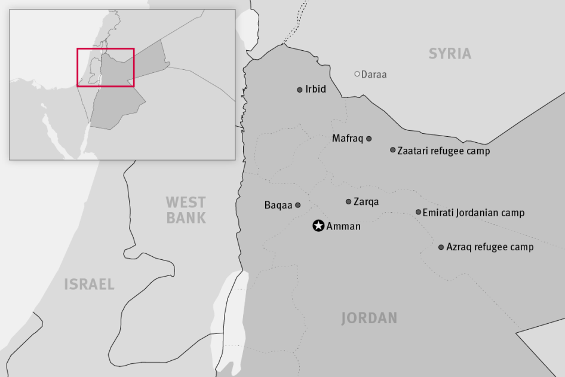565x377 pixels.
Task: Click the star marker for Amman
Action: pyautogui.click(x=318, y=226)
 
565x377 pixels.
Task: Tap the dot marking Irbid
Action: pyautogui.click(x=300, y=90)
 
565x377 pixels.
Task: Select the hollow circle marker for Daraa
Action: pyautogui.click(x=357, y=74)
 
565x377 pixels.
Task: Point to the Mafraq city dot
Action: pyautogui.click(x=369, y=139)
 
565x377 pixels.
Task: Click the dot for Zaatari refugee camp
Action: pyautogui.click(x=392, y=150)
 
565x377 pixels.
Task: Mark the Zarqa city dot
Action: pyautogui.click(x=348, y=201)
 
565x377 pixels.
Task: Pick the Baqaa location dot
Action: pyautogui.click(x=298, y=205)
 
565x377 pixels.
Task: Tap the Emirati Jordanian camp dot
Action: pyautogui.click(x=418, y=212)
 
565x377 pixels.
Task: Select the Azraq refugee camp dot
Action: pyautogui.click(x=441, y=247)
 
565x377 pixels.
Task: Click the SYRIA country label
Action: pyautogui.click(x=450, y=54)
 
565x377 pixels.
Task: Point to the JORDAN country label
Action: pyautogui.click(x=369, y=318)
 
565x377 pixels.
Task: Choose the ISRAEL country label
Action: pyautogui.click(x=89, y=284)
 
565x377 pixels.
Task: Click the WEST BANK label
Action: pyautogui.click(x=186, y=210)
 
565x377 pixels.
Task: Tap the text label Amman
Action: pyautogui.click(x=343, y=226)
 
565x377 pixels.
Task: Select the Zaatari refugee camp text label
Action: pyautogui.click(x=444, y=151)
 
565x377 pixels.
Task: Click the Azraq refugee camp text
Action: pyautogui.click(x=490, y=247)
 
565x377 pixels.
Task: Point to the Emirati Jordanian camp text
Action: pyautogui.click(x=473, y=213)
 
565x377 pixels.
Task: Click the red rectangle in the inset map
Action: pyautogui.click(x=105, y=67)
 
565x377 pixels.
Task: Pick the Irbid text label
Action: pyautogui.click(x=316, y=89)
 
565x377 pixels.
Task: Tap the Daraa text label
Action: pyautogui.click(x=374, y=75)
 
